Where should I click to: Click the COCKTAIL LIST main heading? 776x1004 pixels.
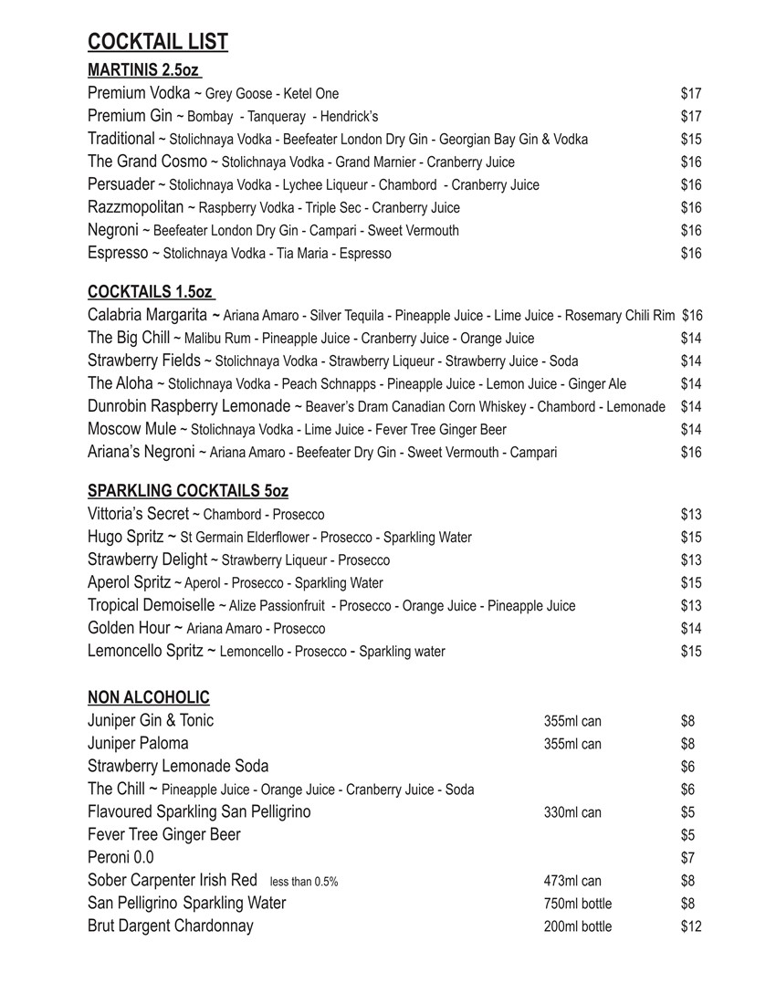[158, 42]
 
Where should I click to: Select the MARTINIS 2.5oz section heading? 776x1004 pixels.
[143, 70]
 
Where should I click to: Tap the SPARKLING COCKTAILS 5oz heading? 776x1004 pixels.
[188, 491]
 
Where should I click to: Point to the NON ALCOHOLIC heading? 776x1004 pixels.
[149, 698]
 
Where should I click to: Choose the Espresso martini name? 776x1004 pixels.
[118, 253]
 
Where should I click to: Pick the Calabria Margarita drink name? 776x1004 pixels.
[147, 315]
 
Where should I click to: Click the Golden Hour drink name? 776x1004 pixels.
[129, 628]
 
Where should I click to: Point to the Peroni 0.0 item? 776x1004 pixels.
[121, 857]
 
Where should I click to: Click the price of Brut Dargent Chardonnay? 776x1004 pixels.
[691, 926]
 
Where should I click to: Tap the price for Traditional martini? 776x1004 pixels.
[691, 139]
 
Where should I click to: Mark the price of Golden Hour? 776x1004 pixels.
[691, 628]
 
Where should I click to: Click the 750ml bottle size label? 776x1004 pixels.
[578, 904]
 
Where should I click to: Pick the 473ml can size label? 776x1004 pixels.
[572, 881]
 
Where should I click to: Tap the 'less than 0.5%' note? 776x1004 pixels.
[304, 882]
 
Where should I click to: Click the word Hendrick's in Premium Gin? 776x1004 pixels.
[351, 117]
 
